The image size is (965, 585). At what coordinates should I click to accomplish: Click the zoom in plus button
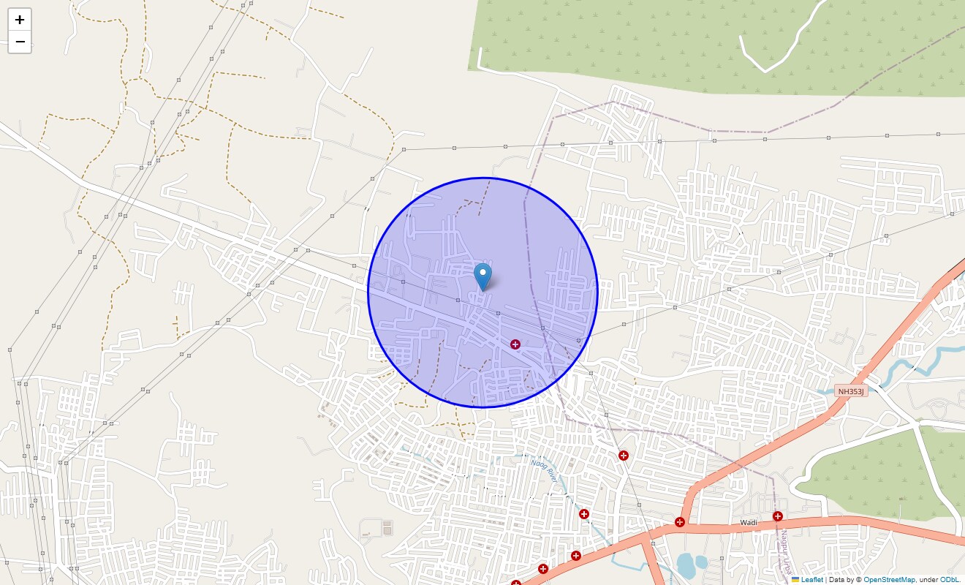click(20, 20)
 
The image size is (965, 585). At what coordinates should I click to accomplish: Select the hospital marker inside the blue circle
click(515, 344)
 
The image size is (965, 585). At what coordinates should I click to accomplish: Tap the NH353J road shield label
click(851, 391)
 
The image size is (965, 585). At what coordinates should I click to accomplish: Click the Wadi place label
click(748, 523)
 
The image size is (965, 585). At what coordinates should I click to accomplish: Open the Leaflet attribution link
click(811, 579)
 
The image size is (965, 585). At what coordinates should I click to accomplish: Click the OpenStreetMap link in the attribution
click(889, 579)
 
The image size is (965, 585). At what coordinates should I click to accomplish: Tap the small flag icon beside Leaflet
click(795, 579)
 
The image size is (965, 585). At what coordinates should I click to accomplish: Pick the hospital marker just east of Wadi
click(777, 516)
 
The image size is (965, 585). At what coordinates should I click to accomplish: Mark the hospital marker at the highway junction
click(680, 522)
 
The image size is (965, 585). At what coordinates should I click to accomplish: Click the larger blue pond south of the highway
click(687, 565)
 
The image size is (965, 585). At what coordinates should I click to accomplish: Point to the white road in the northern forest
click(782, 44)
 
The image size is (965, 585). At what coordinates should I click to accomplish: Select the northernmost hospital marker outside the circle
click(624, 456)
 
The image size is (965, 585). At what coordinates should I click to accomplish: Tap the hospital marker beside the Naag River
click(584, 514)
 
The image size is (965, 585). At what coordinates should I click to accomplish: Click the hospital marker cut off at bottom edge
click(516, 583)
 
